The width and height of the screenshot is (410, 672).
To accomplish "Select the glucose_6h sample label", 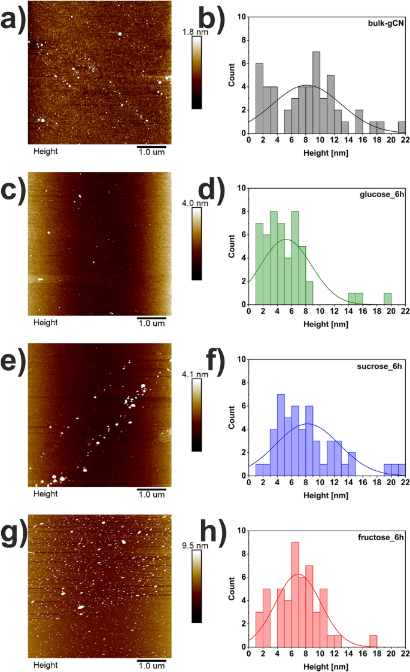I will (x=383, y=195).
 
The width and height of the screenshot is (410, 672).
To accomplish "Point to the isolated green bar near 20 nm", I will (x=387, y=298).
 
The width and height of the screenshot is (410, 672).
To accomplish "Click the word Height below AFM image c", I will (x=45, y=322).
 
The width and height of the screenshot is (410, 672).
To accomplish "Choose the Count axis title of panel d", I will (x=232, y=246).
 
